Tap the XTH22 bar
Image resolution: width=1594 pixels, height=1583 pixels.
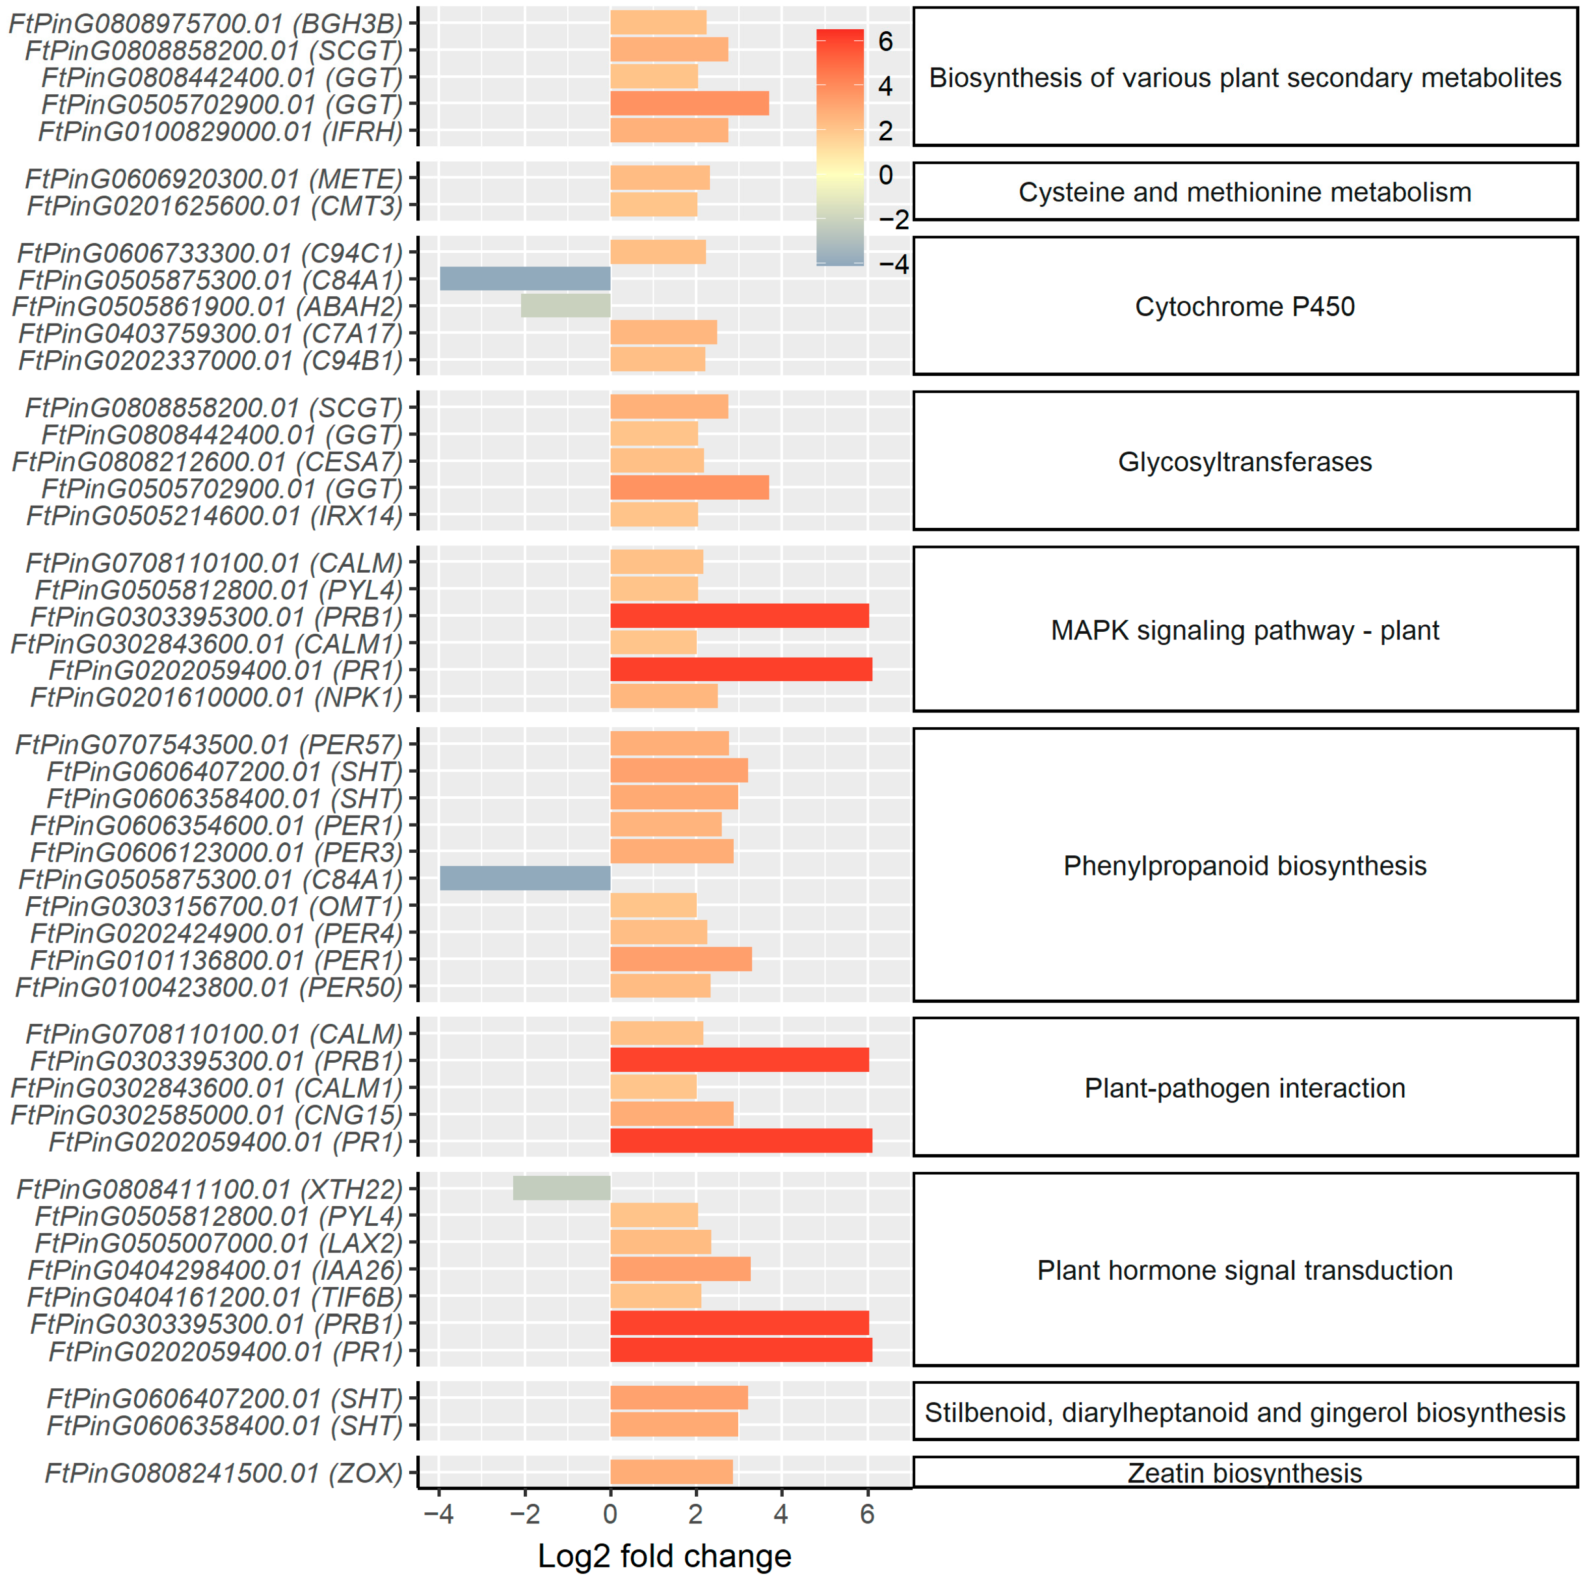[x=561, y=1188]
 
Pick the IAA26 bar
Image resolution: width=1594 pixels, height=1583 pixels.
[x=680, y=1269]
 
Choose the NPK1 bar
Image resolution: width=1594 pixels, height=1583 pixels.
[x=664, y=696]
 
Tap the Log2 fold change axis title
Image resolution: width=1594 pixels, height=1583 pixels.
[x=664, y=1556]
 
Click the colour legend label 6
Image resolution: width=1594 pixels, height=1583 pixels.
[x=885, y=41]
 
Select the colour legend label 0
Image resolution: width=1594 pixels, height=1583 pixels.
[x=885, y=175]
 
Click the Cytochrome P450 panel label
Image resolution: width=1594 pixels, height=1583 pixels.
[x=1244, y=306]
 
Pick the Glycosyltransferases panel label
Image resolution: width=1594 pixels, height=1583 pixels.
[x=1244, y=461]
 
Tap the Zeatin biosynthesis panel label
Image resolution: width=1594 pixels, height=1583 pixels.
[x=1244, y=1472]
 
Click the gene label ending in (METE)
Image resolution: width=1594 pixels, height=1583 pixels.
[x=213, y=178]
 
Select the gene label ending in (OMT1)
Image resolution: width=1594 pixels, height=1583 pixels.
[x=213, y=906]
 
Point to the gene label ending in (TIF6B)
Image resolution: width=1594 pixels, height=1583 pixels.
[x=214, y=1296]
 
